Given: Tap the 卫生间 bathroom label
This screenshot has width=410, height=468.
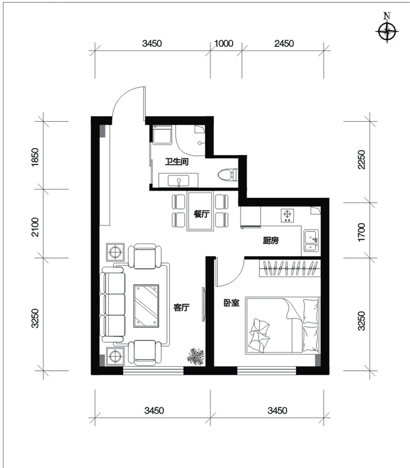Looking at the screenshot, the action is pyautogui.click(x=177, y=162).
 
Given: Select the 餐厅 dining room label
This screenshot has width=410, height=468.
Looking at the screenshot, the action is pyautogui.click(x=201, y=214).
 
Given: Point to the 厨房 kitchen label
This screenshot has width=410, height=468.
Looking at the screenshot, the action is pyautogui.click(x=270, y=240).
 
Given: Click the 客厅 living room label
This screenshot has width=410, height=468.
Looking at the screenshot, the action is pyautogui.click(x=182, y=308).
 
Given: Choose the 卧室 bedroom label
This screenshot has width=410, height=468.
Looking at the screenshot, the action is pyautogui.click(x=231, y=303).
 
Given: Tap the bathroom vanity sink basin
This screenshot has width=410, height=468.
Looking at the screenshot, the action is pyautogui.click(x=179, y=181).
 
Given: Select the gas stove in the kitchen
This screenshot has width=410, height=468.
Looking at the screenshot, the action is pyautogui.click(x=287, y=215).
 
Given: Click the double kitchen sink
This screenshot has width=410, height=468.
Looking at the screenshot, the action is pyautogui.click(x=311, y=240).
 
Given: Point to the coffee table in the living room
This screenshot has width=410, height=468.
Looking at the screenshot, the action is pyautogui.click(x=146, y=306).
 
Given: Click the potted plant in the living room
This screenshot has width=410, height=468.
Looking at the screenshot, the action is pyautogui.click(x=196, y=356).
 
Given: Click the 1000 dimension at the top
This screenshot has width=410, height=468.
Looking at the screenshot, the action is pyautogui.click(x=224, y=43).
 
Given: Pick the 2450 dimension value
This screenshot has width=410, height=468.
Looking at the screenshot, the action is pyautogui.click(x=284, y=43).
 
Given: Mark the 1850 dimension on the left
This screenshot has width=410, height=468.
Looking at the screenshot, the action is pyautogui.click(x=35, y=157).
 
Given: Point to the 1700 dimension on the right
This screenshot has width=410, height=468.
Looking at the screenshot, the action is pyautogui.click(x=361, y=232).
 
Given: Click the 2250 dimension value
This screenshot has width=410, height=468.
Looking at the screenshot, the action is pyautogui.click(x=361, y=159).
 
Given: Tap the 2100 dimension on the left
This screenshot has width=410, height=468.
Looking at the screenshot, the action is pyautogui.click(x=35, y=227).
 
